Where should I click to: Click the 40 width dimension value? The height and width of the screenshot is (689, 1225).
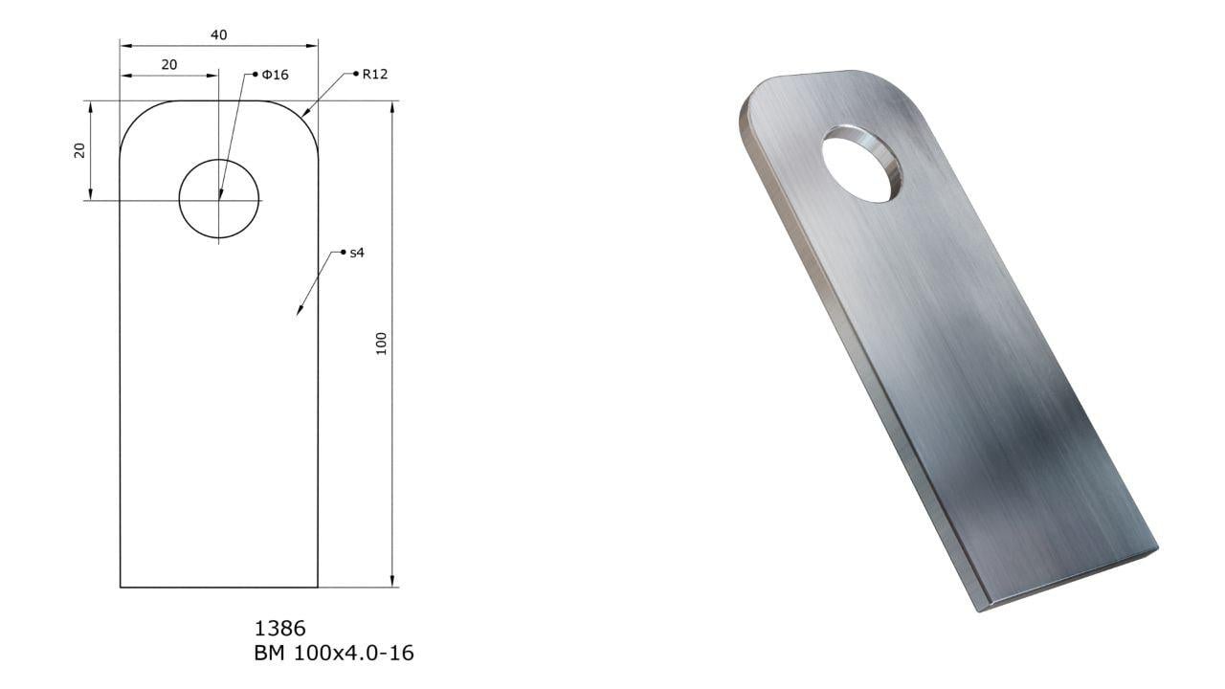point(219,35)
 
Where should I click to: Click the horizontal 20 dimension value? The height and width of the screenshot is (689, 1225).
point(169,65)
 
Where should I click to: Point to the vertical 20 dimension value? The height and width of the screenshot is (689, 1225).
point(79,150)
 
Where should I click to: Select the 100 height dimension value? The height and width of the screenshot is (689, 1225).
point(382,344)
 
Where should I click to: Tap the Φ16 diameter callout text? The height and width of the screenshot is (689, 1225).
point(275,75)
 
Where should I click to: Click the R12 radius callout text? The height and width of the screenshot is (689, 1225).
point(375,75)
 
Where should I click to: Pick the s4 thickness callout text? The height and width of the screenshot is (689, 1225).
point(357,253)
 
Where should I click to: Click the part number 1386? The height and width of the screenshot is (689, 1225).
point(280,629)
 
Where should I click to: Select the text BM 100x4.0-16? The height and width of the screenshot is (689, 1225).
point(334,653)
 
